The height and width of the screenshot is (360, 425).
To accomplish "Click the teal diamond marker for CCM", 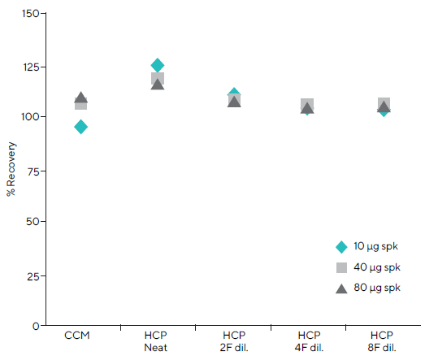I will pyautogui.click(x=80, y=127).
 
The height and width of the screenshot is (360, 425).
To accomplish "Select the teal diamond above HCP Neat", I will pyautogui.click(x=158, y=65).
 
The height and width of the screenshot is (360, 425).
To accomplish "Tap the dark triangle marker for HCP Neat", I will pyautogui.click(x=158, y=84).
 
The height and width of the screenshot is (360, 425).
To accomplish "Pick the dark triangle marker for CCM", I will pyautogui.click(x=80, y=98).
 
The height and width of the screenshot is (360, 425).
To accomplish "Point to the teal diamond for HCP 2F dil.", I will pyautogui.click(x=234, y=94).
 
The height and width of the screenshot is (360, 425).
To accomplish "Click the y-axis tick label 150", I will pyautogui.click(x=30, y=14).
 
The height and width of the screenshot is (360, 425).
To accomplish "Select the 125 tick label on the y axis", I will pyautogui.click(x=30, y=66).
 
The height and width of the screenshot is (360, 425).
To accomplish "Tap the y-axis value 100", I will pyautogui.click(x=30, y=117).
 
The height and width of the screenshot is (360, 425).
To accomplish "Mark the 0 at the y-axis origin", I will pyautogui.click(x=36, y=325).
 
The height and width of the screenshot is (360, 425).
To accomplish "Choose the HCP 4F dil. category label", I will pyautogui.click(x=307, y=340).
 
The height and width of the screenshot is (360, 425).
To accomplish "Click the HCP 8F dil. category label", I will pyautogui.click(x=383, y=340).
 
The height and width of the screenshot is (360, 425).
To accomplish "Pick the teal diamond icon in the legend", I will pyautogui.click(x=341, y=247).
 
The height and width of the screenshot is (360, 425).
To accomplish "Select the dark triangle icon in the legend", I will pyautogui.click(x=341, y=287).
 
